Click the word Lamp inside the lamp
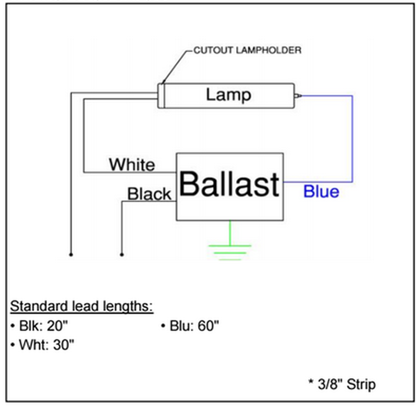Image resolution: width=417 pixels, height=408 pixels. [x=228, y=95]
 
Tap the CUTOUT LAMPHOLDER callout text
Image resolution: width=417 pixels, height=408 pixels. [x=247, y=50]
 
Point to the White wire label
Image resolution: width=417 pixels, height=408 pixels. [x=132, y=164]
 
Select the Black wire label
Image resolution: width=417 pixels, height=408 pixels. [x=149, y=194]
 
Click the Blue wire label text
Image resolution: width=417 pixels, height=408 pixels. [x=321, y=191]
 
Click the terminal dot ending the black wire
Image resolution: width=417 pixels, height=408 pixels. [x=122, y=254]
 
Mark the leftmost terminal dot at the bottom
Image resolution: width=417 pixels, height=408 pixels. [x=71, y=254]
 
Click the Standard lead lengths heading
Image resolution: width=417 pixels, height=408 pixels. [x=81, y=306]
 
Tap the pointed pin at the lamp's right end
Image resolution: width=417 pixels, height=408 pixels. [x=298, y=96]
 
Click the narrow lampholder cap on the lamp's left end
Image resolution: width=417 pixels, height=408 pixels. [x=161, y=96]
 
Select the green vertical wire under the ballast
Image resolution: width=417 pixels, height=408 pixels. [x=230, y=233]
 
